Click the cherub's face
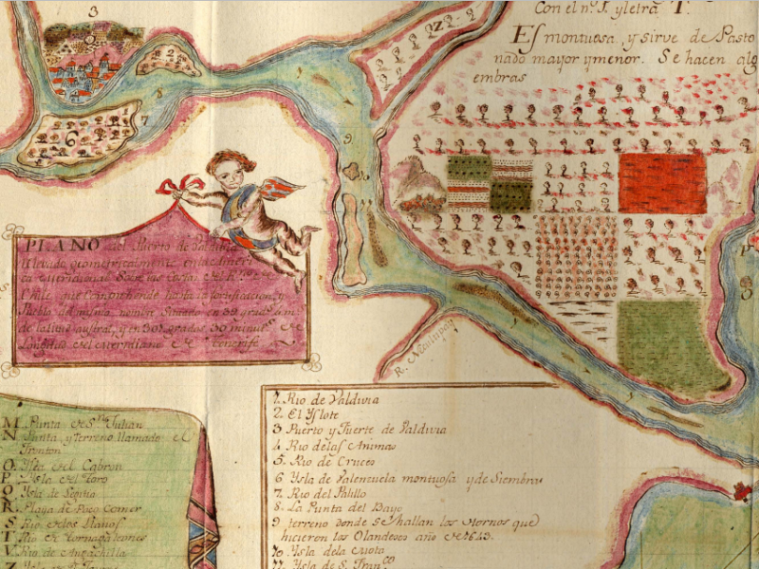pyautogui.click(x=231, y=174)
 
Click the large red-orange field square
pyautogui.click(x=662, y=183)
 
